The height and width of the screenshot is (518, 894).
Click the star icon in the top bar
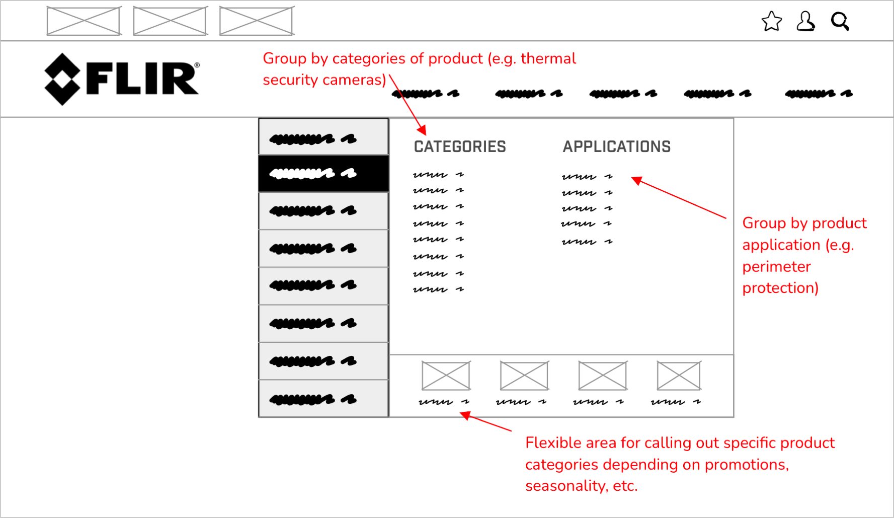[x=771, y=22]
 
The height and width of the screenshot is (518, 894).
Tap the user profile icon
[x=805, y=22]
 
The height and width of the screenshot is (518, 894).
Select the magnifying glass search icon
[x=840, y=22]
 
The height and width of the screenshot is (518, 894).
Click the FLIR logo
[x=122, y=79]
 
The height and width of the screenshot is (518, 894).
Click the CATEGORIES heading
[x=460, y=146]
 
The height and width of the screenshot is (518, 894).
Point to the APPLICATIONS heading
[x=616, y=146]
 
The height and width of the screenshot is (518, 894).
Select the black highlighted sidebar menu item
[x=323, y=174]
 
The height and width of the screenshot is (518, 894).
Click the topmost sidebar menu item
[x=323, y=137]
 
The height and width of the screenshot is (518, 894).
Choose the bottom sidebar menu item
[x=323, y=399]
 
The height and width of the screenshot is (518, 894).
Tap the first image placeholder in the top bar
[x=84, y=21]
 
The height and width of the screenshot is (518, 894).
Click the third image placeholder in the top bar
[x=257, y=21]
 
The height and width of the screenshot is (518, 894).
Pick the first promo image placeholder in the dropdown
[x=446, y=376]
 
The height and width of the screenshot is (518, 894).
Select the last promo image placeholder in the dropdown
[x=679, y=376]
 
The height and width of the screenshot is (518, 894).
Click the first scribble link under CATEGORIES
[x=438, y=175]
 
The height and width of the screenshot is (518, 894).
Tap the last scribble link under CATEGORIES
[x=438, y=289]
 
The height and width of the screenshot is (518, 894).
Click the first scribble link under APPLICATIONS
[x=587, y=177]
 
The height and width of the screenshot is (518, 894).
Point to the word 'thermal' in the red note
[x=548, y=58]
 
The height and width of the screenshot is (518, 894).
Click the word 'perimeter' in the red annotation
[x=776, y=266]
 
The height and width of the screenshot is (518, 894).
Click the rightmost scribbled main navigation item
[x=819, y=94]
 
